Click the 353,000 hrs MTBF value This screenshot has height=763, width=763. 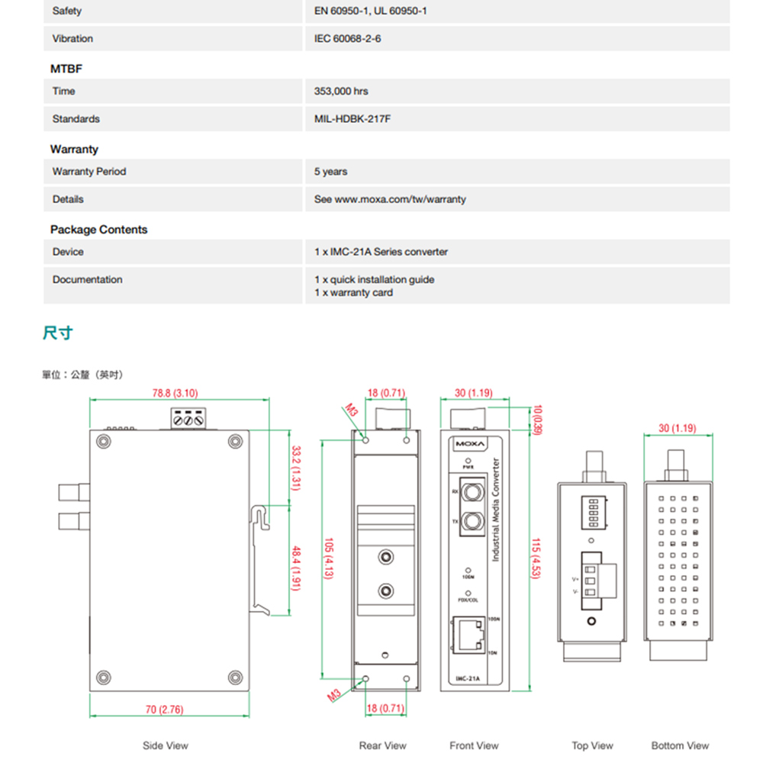(341, 92)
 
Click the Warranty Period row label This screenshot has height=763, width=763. (89, 172)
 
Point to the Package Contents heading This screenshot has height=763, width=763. (98, 230)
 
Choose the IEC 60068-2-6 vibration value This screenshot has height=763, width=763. (347, 38)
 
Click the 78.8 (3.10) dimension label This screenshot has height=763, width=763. (175, 394)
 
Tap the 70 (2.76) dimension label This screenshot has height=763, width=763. (164, 710)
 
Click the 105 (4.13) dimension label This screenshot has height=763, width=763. (329, 557)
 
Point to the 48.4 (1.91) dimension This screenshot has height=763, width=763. (296, 568)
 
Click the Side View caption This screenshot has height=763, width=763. (165, 745)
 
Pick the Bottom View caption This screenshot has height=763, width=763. (680, 745)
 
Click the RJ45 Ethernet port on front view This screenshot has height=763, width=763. (468, 636)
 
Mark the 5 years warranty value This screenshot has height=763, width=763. (330, 172)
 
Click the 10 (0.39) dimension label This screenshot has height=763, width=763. (538, 420)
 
